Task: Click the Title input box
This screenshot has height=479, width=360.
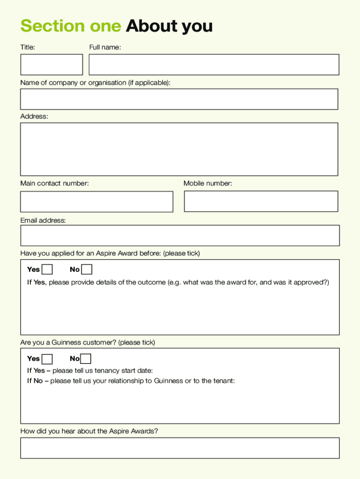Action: click(51, 65)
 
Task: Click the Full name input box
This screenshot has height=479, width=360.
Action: click(214, 65)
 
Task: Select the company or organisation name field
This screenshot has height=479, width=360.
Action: click(179, 99)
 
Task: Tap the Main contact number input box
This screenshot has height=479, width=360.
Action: click(96, 202)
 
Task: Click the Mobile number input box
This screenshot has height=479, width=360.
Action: click(261, 201)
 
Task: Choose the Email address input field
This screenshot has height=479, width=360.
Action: click(180, 235)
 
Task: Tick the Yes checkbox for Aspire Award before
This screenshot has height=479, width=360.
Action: click(47, 269)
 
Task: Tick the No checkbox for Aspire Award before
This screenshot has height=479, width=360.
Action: click(86, 269)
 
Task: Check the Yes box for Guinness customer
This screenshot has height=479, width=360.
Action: click(47, 359)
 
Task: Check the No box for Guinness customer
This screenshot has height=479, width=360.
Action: click(86, 359)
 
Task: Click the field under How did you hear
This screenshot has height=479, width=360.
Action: click(180, 448)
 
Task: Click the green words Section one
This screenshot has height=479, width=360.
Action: click(71, 26)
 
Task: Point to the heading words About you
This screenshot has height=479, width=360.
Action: click(169, 26)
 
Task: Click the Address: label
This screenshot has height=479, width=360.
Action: click(34, 116)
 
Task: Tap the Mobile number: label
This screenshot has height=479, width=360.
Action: click(208, 183)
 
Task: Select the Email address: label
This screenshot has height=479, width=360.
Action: click(43, 220)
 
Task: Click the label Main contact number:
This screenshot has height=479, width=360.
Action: click(54, 183)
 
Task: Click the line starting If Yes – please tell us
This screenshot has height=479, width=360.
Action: click(90, 370)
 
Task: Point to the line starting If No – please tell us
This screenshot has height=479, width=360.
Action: click(131, 381)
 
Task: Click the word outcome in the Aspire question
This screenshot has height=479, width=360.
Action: click(152, 282)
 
